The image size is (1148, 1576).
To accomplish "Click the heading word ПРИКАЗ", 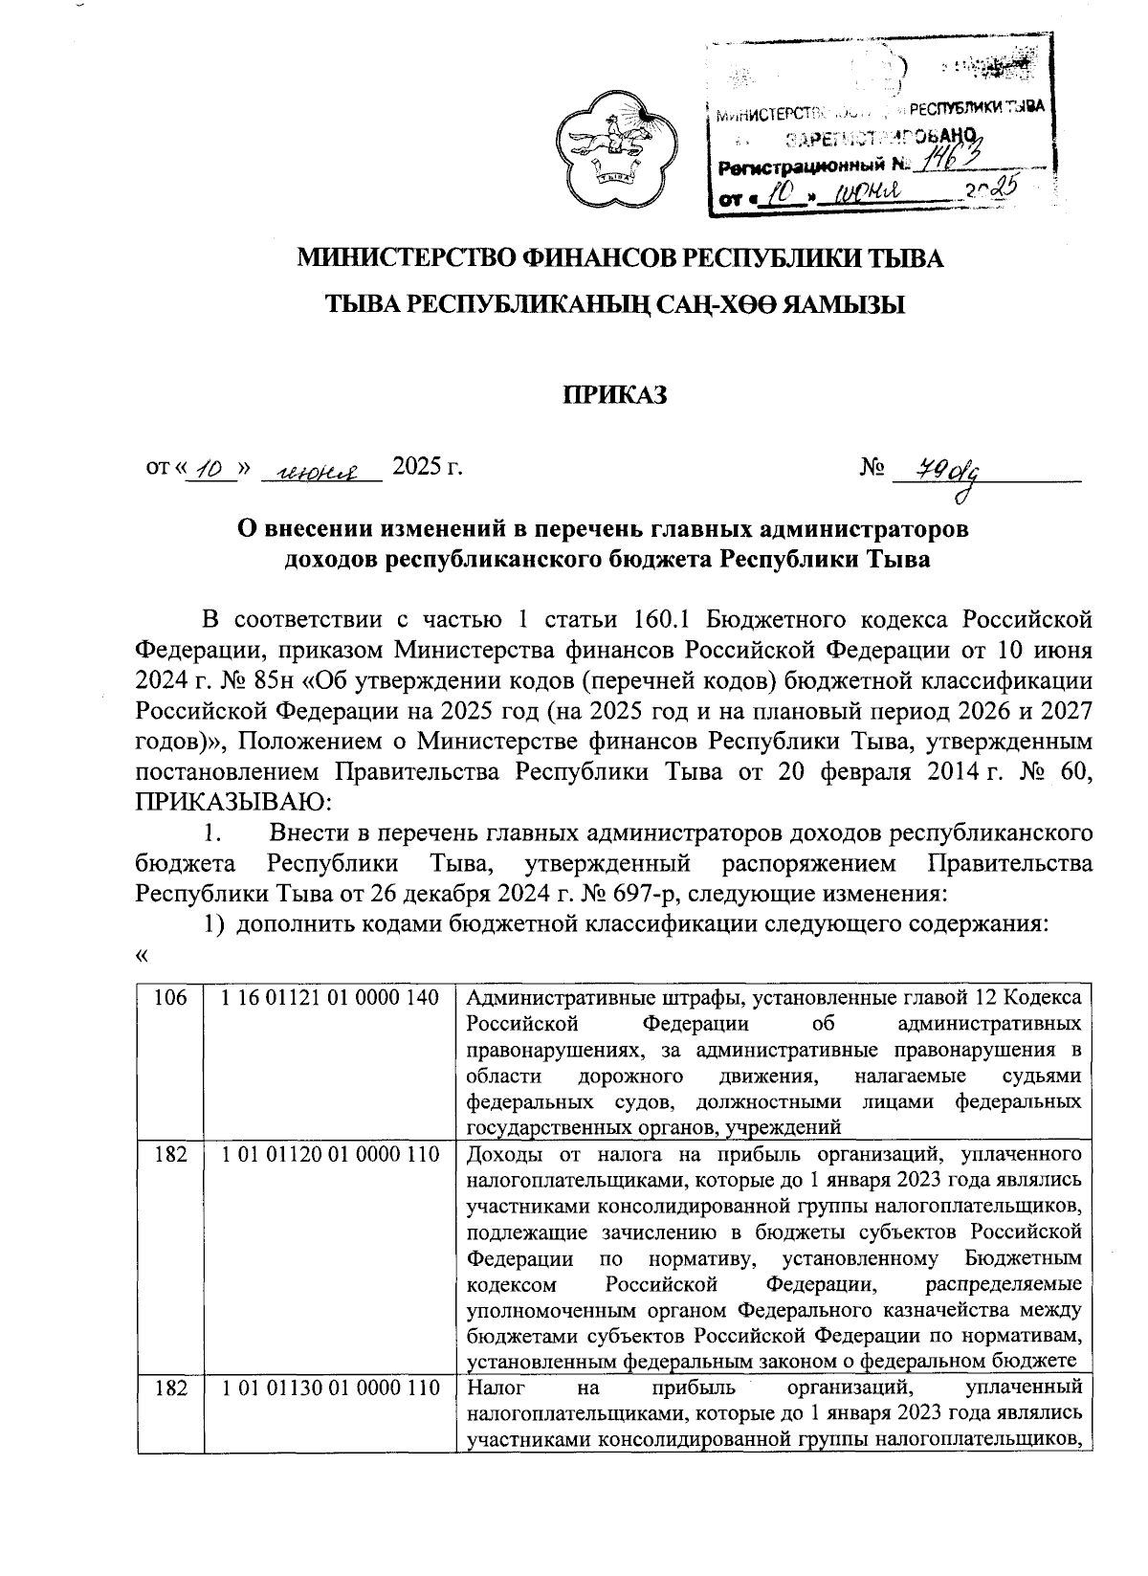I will click(613, 394).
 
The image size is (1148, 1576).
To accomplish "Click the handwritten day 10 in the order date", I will click(207, 470).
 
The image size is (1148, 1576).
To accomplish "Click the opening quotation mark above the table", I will click(143, 956).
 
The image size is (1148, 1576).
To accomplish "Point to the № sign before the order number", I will click(872, 468).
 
